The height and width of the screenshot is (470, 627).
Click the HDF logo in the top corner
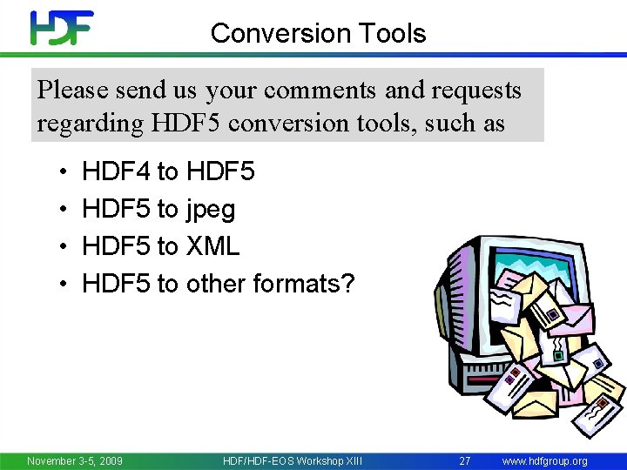click(x=61, y=28)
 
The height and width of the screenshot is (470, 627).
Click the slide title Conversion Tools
click(x=318, y=33)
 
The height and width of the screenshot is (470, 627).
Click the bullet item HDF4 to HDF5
click(x=168, y=171)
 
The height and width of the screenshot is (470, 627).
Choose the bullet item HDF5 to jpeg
click(x=158, y=209)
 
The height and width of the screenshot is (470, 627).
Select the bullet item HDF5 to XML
click(x=160, y=246)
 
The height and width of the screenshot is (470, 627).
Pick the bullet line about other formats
click(x=218, y=284)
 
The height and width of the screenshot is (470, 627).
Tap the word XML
click(x=212, y=246)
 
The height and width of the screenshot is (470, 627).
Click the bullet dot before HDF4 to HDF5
click(x=64, y=172)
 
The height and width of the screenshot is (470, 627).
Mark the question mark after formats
click(x=348, y=284)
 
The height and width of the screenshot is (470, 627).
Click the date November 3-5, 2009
click(x=75, y=460)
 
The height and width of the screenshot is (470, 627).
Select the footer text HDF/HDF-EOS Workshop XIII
click(x=292, y=460)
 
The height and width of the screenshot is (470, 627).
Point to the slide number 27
click(x=464, y=460)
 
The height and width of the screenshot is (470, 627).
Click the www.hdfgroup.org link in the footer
click(x=545, y=460)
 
